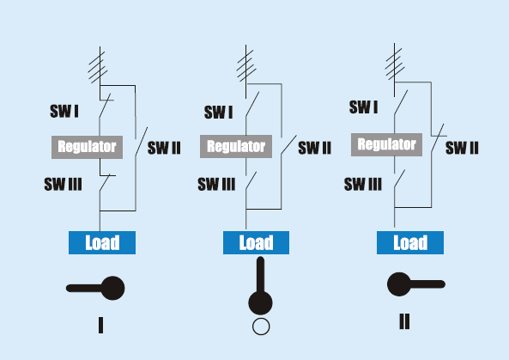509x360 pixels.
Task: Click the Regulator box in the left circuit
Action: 87,147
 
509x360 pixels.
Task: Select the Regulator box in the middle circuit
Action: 236,147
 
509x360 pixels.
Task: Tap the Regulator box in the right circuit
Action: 386,144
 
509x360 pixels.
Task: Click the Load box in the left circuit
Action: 102,242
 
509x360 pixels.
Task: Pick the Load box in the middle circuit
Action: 256,242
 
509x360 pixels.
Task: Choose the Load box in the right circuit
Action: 410,242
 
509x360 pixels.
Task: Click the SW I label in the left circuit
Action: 64,111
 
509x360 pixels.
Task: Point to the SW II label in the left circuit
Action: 164,148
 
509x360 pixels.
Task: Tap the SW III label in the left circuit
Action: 63,184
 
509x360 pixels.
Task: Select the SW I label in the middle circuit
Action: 219,113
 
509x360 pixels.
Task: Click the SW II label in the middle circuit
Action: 314,148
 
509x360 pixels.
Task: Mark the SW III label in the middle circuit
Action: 216,184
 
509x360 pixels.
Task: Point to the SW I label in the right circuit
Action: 364,107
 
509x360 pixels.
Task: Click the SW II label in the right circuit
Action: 462,148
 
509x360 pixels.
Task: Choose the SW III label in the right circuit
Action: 363,184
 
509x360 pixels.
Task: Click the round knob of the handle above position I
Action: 112,288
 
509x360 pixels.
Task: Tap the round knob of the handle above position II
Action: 399,284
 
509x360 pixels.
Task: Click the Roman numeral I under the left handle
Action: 101,326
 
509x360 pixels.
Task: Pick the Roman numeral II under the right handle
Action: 404,321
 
